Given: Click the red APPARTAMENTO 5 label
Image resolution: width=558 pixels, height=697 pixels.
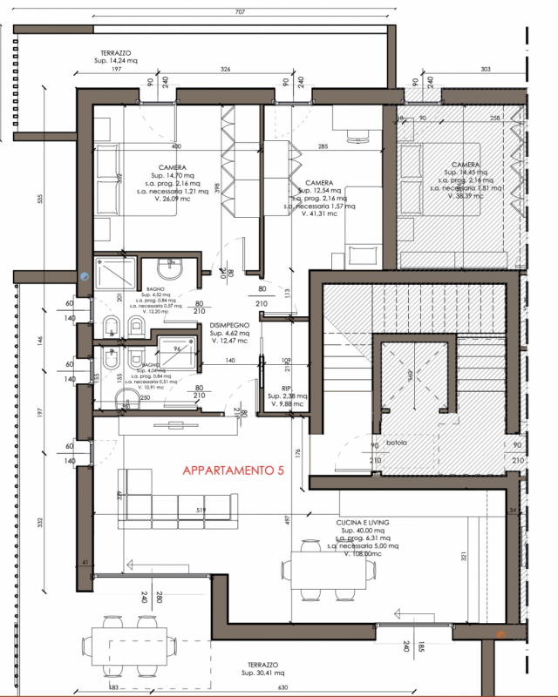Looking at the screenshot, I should [233, 470].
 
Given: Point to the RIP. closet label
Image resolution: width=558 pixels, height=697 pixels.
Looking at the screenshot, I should [286, 389].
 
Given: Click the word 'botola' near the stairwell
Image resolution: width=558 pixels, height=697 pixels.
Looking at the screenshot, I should [385, 442].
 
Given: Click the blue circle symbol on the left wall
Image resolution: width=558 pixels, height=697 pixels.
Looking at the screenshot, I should [85, 274].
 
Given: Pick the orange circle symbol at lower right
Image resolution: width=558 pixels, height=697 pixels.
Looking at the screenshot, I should [501, 634].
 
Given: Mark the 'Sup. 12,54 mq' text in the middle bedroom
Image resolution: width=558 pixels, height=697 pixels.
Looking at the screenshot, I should [316, 191].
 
